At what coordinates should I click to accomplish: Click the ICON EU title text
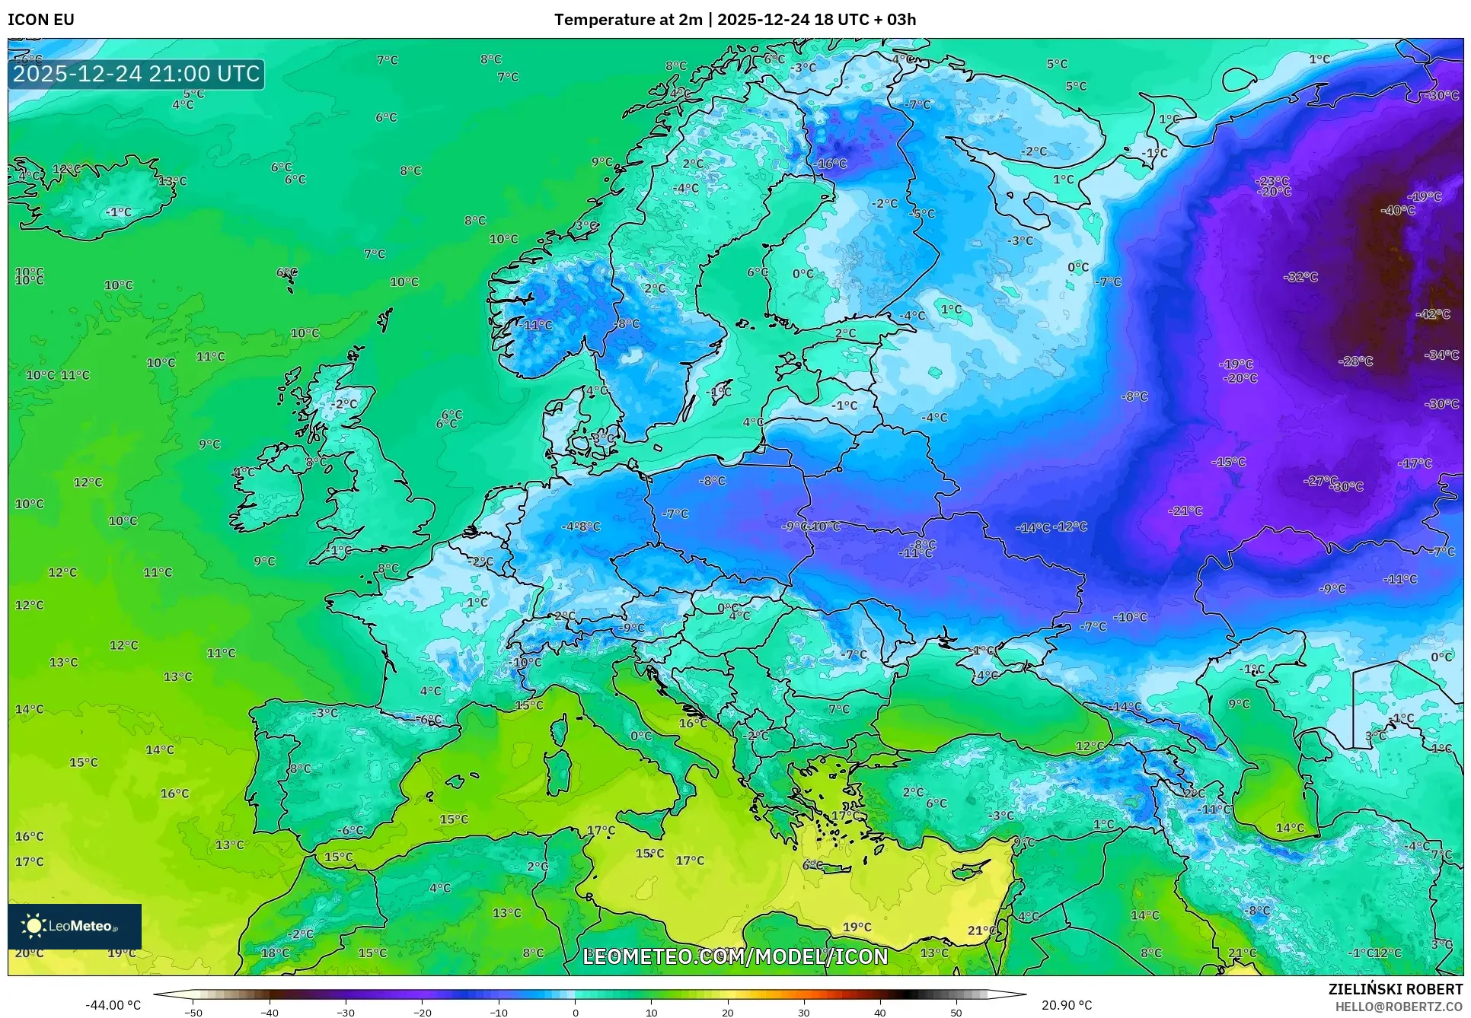41,20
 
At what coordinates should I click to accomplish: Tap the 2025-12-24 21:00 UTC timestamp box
136,74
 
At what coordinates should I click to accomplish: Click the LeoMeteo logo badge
75,926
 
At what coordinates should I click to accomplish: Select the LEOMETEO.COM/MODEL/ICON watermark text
735,956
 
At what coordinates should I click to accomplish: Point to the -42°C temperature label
1433,314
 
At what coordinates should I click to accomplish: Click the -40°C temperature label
1398,210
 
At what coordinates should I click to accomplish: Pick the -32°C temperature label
1300,277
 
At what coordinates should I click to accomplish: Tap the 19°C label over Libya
857,927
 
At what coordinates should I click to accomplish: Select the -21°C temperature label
1185,511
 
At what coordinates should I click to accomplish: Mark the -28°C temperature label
1356,361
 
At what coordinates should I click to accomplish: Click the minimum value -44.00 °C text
113,1005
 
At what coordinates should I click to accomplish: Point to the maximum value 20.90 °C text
1066,1005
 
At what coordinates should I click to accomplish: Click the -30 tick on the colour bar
346,1013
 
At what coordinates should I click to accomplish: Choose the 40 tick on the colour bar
880,1013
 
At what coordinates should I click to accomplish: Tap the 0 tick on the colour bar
575,1013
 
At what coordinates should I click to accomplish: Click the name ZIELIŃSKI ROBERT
1395,989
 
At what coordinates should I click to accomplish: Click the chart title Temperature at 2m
627,20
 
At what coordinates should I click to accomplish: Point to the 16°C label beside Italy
693,723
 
